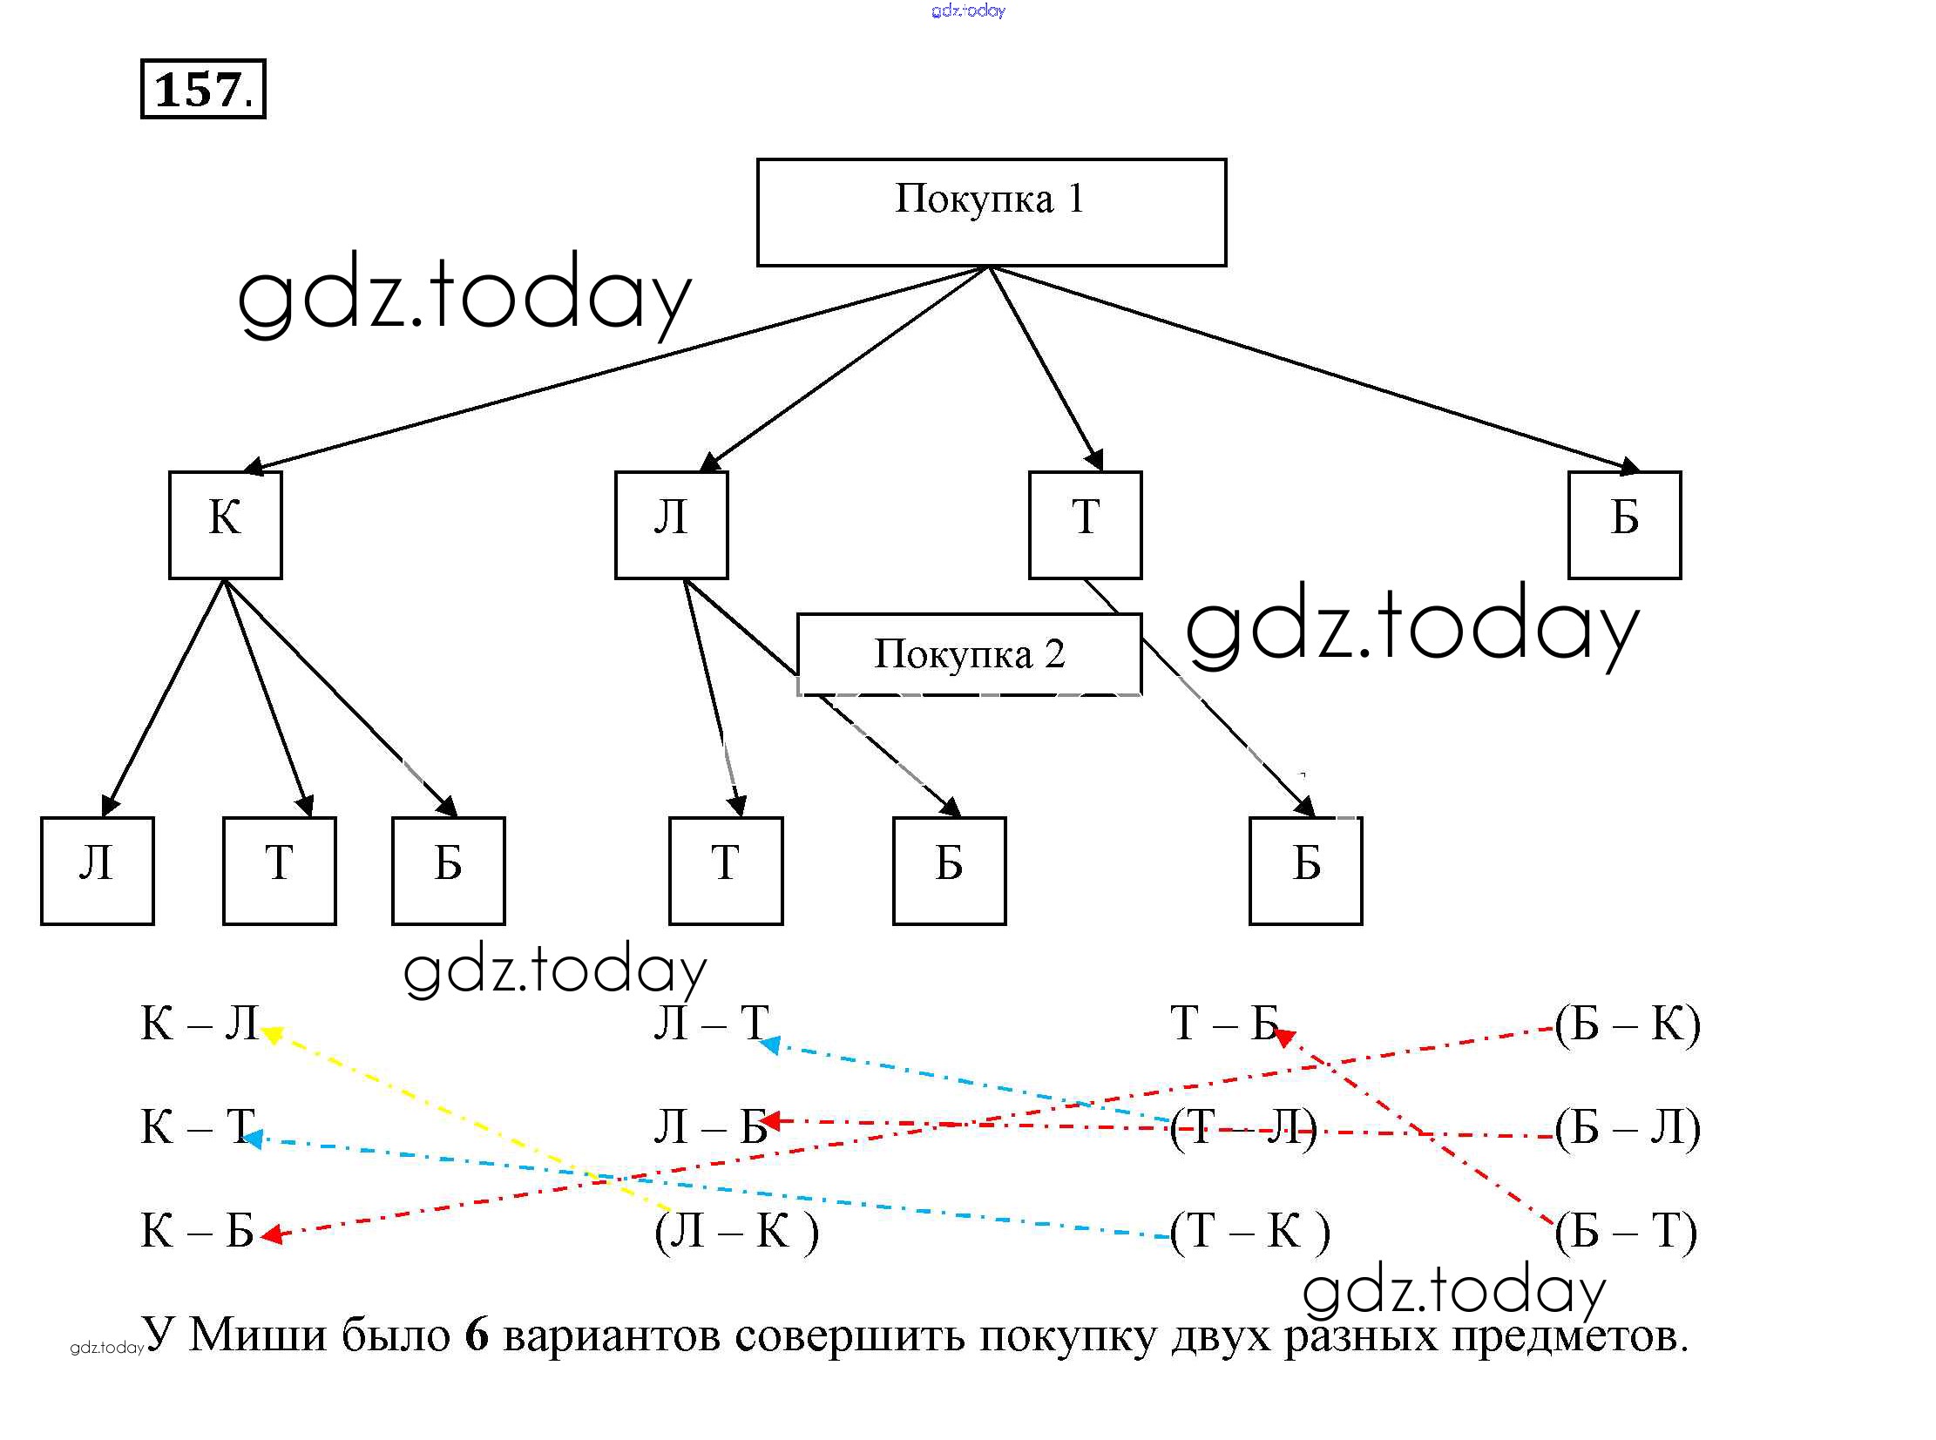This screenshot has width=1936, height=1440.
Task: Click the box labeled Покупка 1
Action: (x=991, y=212)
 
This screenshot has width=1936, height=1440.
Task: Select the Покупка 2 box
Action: (x=969, y=653)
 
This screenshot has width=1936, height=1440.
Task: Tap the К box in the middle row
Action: (x=225, y=524)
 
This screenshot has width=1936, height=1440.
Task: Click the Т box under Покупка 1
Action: (x=1085, y=524)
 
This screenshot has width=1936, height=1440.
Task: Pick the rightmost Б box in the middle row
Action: (x=1623, y=524)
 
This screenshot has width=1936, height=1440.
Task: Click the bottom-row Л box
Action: (x=97, y=870)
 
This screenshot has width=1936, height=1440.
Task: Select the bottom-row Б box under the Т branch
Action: (x=1305, y=870)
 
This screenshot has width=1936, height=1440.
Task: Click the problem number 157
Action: (x=203, y=89)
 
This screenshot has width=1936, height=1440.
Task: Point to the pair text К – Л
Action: (x=200, y=1023)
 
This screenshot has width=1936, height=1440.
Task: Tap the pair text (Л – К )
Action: (x=736, y=1231)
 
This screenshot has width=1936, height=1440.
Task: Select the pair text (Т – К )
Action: (x=1249, y=1231)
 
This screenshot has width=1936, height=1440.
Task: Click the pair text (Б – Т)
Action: (x=1626, y=1231)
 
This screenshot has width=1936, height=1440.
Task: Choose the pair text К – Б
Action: (x=197, y=1231)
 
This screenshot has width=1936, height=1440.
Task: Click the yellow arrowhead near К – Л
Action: (x=271, y=1035)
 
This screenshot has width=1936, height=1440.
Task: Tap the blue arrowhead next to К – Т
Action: (x=253, y=1139)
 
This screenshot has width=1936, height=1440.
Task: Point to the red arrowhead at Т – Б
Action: (x=1283, y=1037)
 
